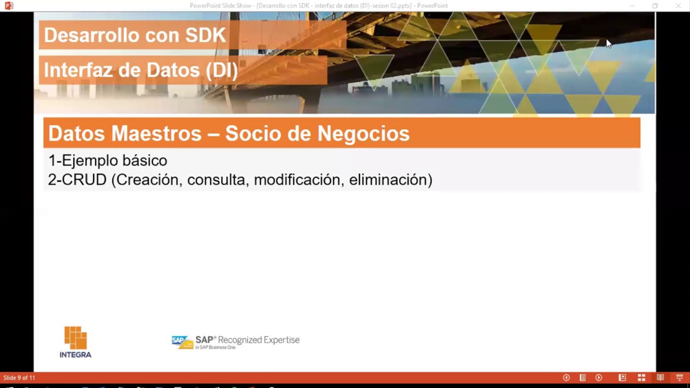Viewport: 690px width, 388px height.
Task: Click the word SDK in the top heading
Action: (x=205, y=36)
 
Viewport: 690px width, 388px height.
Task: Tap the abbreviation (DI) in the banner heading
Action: (x=221, y=70)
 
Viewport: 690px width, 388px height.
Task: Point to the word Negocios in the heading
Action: (x=363, y=134)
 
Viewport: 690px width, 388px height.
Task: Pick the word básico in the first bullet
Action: (x=145, y=161)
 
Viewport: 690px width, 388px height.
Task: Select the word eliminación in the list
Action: (x=389, y=180)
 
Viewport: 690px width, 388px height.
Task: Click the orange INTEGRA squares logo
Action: (x=75, y=338)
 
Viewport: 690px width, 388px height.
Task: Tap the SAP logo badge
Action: (x=182, y=342)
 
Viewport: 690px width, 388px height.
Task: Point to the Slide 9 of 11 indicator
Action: (x=19, y=378)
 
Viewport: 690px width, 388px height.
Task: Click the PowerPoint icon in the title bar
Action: (x=9, y=5)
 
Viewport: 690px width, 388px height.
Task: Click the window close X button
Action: (x=678, y=6)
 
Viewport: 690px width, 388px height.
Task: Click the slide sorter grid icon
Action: (x=641, y=378)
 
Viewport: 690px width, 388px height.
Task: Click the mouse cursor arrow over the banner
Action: (x=608, y=43)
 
